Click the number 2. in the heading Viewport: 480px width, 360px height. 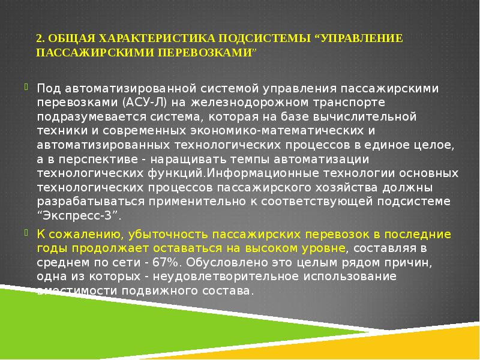(40, 38)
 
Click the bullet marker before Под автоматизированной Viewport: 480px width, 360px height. (25, 86)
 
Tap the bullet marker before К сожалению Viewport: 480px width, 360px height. (25, 232)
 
